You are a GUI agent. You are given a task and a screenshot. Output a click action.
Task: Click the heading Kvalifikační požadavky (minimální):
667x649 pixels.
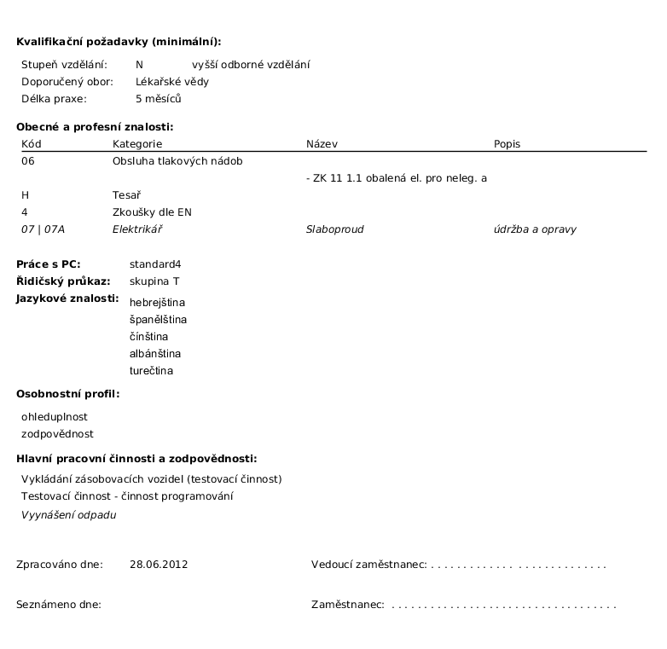pos(119,41)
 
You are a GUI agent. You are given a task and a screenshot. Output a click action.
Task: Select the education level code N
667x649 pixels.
pos(139,65)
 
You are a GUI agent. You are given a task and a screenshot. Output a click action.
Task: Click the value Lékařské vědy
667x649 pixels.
pos(171,82)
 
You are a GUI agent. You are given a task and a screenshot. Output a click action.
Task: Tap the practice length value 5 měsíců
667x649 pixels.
pos(159,99)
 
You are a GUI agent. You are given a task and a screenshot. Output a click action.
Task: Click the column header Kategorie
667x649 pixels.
pos(136,144)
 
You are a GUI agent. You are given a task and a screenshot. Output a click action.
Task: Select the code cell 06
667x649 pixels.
pos(28,161)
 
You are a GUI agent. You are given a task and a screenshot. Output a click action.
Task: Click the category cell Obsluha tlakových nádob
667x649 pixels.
pos(177,161)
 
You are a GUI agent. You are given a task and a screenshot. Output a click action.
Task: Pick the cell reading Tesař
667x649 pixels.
pos(126,195)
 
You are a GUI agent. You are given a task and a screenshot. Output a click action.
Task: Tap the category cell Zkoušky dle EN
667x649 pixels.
pos(152,212)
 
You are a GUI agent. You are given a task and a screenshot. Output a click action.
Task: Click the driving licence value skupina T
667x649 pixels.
pos(154,281)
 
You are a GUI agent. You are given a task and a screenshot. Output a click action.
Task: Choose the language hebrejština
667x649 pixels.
pos(157,302)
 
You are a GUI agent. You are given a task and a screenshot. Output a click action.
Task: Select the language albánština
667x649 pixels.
pos(155,353)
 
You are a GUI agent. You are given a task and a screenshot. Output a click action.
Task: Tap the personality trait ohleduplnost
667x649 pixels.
pos(55,416)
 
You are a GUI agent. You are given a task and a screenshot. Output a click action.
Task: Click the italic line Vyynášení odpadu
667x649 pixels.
pos(68,514)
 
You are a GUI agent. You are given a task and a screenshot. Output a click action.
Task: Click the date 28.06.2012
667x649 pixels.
pos(159,565)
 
